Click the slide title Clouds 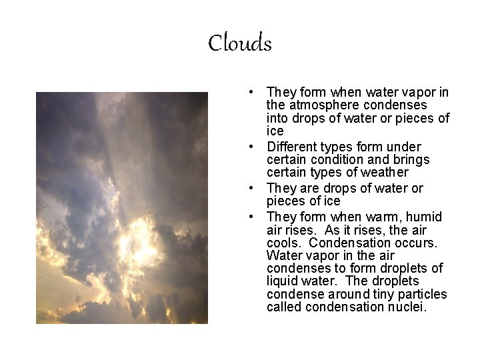coord(240,44)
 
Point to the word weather coord(385,173)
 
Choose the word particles coord(423,295)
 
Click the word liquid coord(281,281)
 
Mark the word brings coord(413,160)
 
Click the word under coord(407,147)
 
